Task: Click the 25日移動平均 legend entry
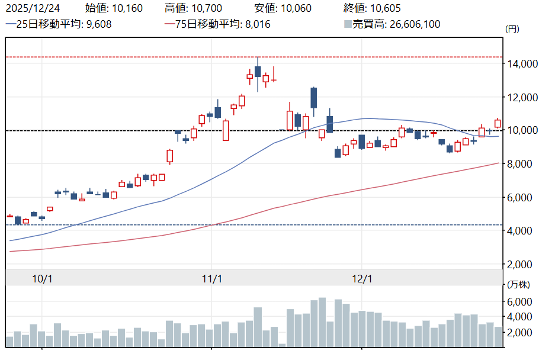pos(59,24)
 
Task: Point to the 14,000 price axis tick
pos(524,64)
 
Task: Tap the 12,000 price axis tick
pos(524,97)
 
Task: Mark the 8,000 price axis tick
pos(524,164)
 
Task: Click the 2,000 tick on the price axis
pos(524,264)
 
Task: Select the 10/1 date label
pos(43,278)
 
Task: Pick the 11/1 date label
pos(211,278)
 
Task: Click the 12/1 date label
pos(362,278)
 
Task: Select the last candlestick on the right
pos(498,123)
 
